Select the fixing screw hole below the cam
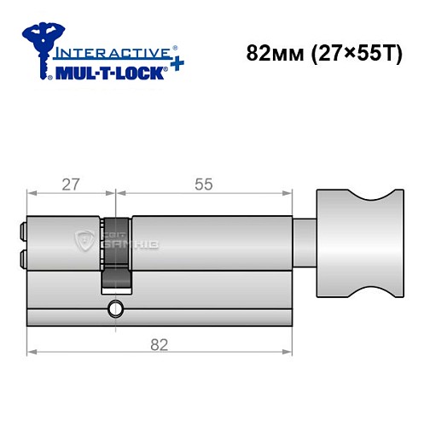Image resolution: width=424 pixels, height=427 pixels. pyautogui.click(x=114, y=306)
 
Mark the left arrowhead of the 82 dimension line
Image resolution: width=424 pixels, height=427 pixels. pyautogui.click(x=32, y=350)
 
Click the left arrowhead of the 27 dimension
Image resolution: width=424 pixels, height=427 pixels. pyautogui.click(x=32, y=192)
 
